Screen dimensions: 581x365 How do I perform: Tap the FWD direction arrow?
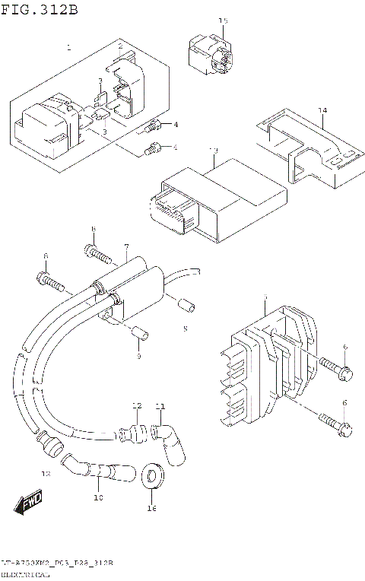pos(29,503)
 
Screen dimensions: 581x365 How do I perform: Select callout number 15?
pos(224,21)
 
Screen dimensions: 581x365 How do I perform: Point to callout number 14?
pos(322,111)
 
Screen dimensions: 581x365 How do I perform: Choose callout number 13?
pos(214,151)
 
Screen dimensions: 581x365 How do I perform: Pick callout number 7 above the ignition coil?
pos(126,248)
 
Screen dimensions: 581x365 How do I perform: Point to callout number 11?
pos(160,405)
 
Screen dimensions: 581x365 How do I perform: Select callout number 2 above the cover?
pos(119,47)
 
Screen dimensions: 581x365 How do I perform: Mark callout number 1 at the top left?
pos(68,47)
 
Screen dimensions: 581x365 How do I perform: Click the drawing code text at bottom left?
pos(57,564)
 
